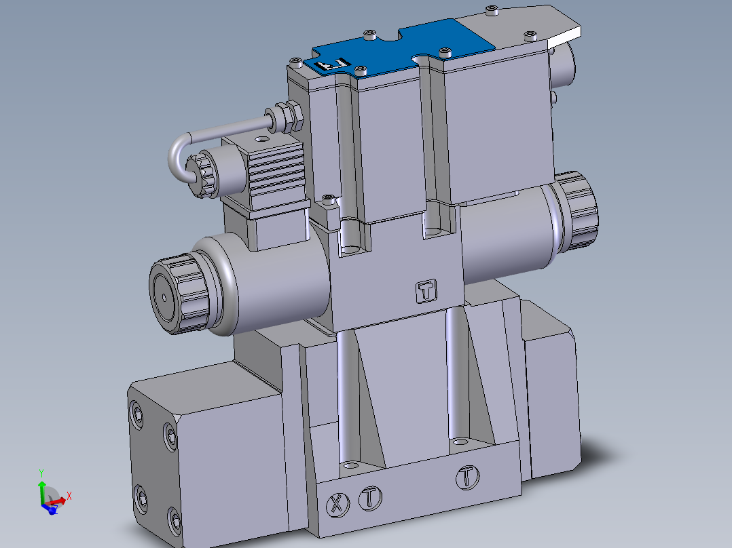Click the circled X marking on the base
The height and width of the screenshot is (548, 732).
(x=336, y=503)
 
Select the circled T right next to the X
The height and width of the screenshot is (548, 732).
(x=369, y=497)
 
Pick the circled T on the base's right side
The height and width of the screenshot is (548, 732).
(x=466, y=477)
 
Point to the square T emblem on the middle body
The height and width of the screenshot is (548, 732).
(x=426, y=291)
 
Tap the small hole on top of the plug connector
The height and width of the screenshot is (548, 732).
(x=259, y=140)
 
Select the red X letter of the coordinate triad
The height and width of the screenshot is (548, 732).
(x=69, y=496)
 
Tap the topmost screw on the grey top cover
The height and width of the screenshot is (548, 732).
(x=492, y=9)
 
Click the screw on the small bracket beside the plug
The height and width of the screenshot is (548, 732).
(x=330, y=198)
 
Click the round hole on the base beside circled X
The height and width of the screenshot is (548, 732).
(x=350, y=466)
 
